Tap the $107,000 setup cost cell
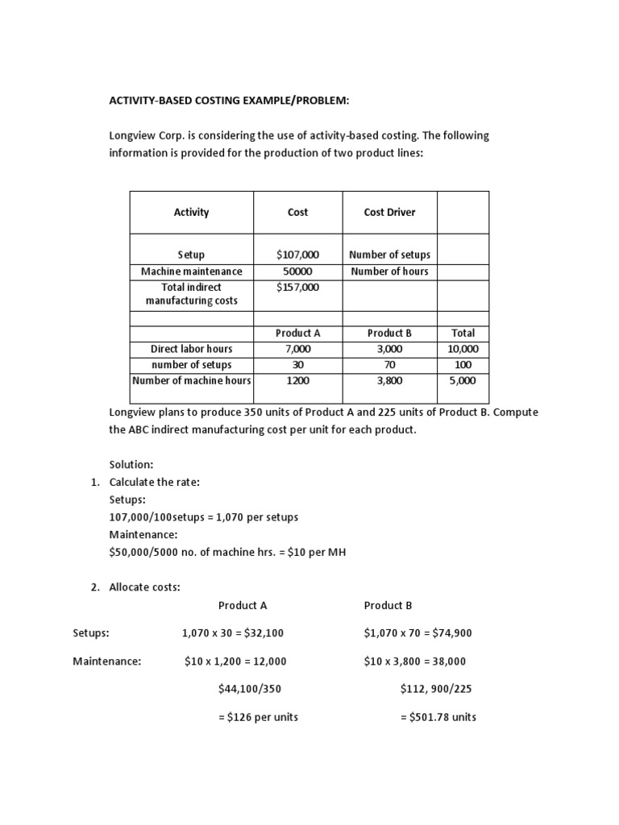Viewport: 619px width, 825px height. (x=297, y=255)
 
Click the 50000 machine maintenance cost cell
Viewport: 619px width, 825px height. (x=297, y=272)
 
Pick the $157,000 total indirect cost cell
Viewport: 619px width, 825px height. (x=297, y=287)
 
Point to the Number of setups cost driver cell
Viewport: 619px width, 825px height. (x=389, y=255)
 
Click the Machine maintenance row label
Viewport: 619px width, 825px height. (x=191, y=272)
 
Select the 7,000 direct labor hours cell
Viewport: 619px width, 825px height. (x=297, y=349)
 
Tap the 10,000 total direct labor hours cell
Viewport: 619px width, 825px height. (x=463, y=349)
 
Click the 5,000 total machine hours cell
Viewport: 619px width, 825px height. (x=463, y=380)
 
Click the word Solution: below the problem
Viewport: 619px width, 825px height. (x=131, y=465)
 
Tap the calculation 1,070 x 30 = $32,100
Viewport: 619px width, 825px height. (x=233, y=633)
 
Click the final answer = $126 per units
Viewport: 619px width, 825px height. (x=258, y=717)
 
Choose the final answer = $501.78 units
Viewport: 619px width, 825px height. (x=438, y=717)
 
